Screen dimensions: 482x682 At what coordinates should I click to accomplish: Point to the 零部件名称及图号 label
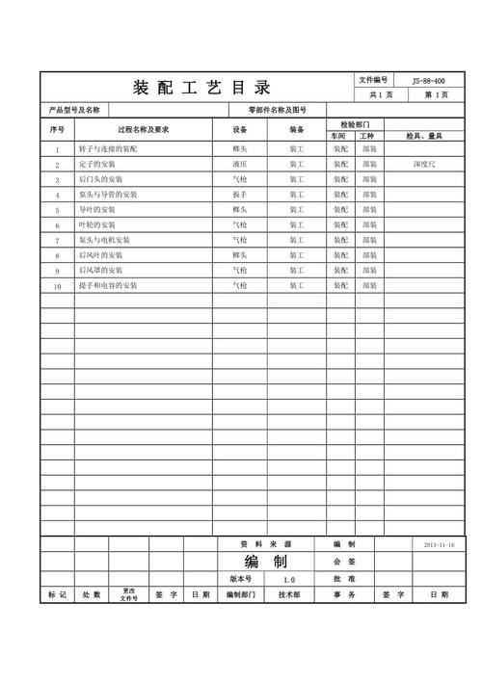pos(277,111)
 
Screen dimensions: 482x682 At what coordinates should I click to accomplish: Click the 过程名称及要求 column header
pos(143,130)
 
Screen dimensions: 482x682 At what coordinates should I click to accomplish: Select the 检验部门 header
pos(355,124)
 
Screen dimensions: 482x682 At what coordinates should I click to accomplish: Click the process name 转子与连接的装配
pos(108,151)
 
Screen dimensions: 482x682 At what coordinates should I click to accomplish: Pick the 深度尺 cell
pos(424,166)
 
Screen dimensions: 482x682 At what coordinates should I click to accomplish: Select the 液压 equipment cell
pos(240,166)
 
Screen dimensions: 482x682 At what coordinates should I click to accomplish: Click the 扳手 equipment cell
pos(240,195)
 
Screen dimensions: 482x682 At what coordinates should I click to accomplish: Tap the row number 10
pos(57,286)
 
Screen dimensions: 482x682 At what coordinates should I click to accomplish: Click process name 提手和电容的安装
pos(108,286)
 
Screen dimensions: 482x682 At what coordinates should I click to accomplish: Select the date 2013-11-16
pos(439,544)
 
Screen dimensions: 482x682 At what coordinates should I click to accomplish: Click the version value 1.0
pos(289,580)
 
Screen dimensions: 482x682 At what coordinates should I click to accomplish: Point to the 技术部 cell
pos(289,595)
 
